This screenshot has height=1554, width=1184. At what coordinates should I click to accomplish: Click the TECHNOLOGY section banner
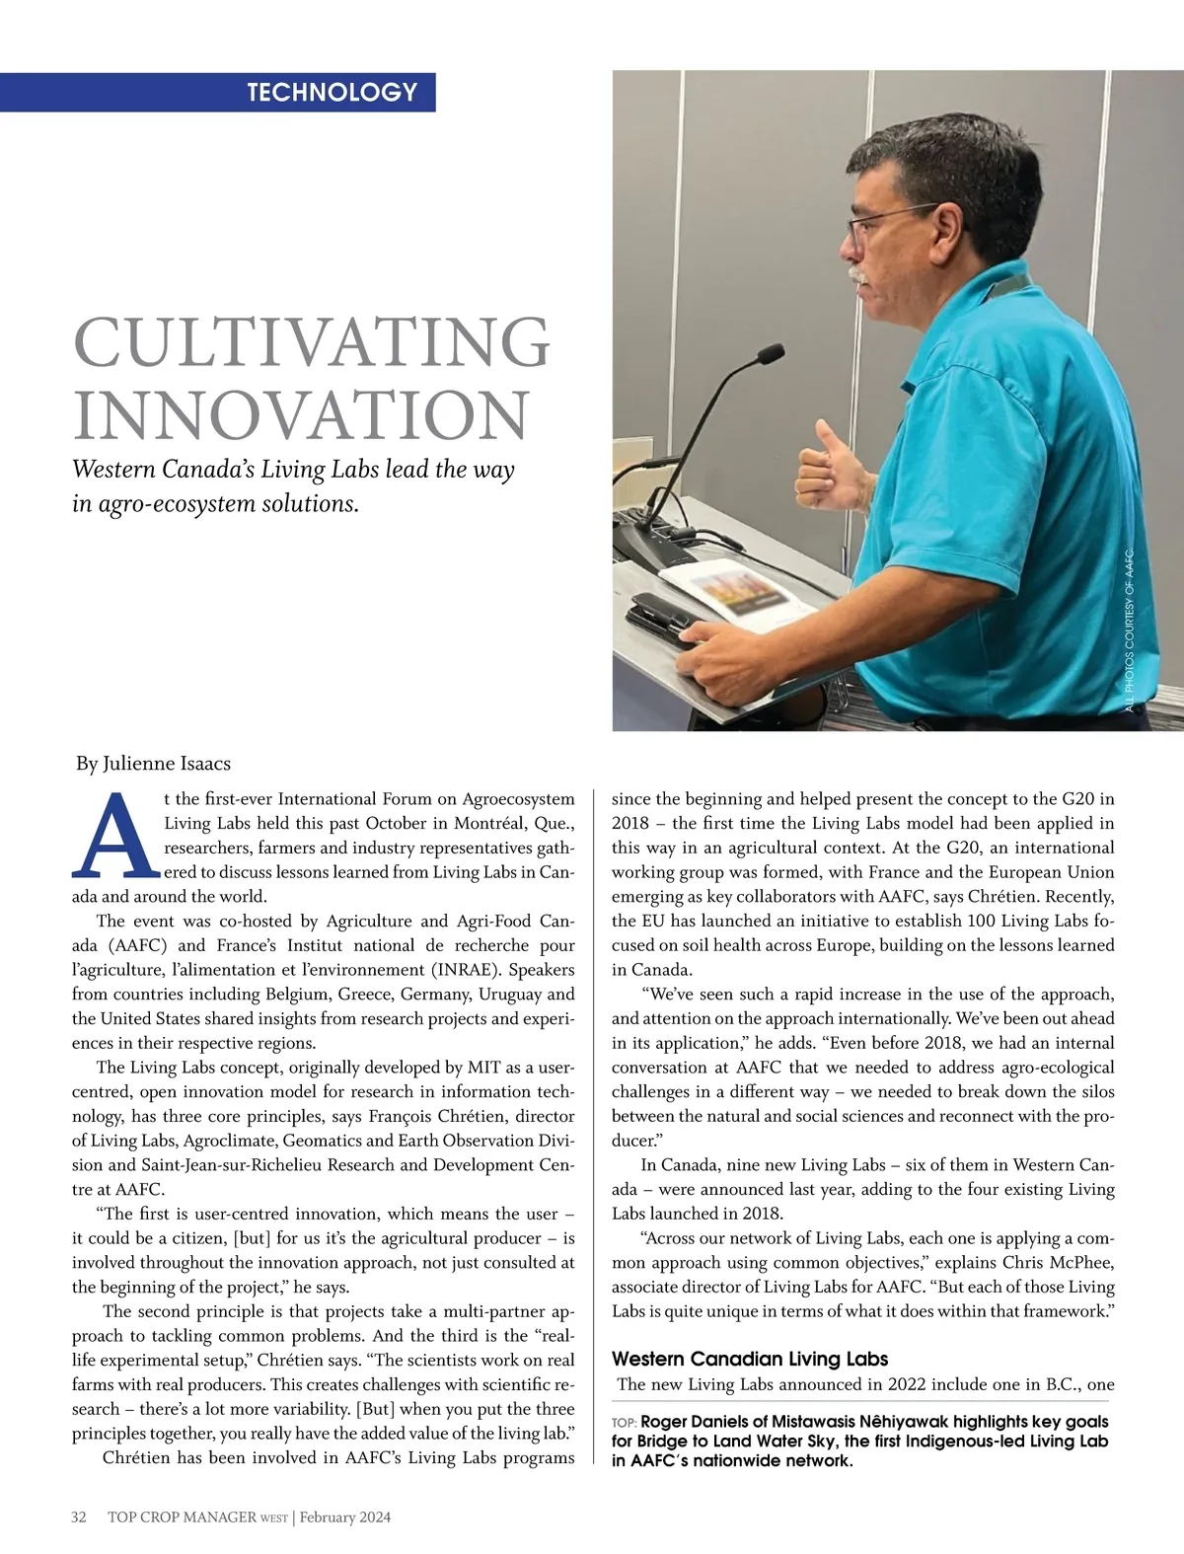[x=332, y=93]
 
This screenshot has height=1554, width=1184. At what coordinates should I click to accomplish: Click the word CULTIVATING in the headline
[x=311, y=342]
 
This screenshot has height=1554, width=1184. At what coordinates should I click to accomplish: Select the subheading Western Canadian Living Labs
[x=749, y=1359]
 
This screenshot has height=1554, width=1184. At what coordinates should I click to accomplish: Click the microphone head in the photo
[x=769, y=353]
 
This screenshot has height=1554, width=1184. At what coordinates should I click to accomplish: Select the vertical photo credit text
[x=1130, y=631]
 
